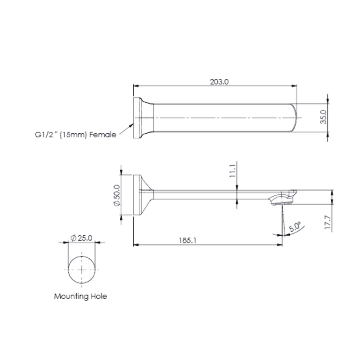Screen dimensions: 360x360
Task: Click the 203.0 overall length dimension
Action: pos(219,82)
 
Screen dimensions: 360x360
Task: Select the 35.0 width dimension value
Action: pos(323,117)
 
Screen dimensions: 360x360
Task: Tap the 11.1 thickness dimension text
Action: pos(233,171)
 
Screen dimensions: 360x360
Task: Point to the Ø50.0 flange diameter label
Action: pos(117,195)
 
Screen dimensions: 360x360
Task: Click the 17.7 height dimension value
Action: pos(328,222)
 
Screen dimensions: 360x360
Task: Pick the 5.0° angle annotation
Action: pos(295,227)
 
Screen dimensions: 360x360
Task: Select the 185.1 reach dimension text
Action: pos(188,240)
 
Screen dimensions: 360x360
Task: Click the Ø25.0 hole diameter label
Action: pos(81,238)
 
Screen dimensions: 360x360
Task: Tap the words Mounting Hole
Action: pos(81,296)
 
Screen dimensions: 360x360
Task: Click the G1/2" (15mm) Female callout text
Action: pos(76,135)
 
